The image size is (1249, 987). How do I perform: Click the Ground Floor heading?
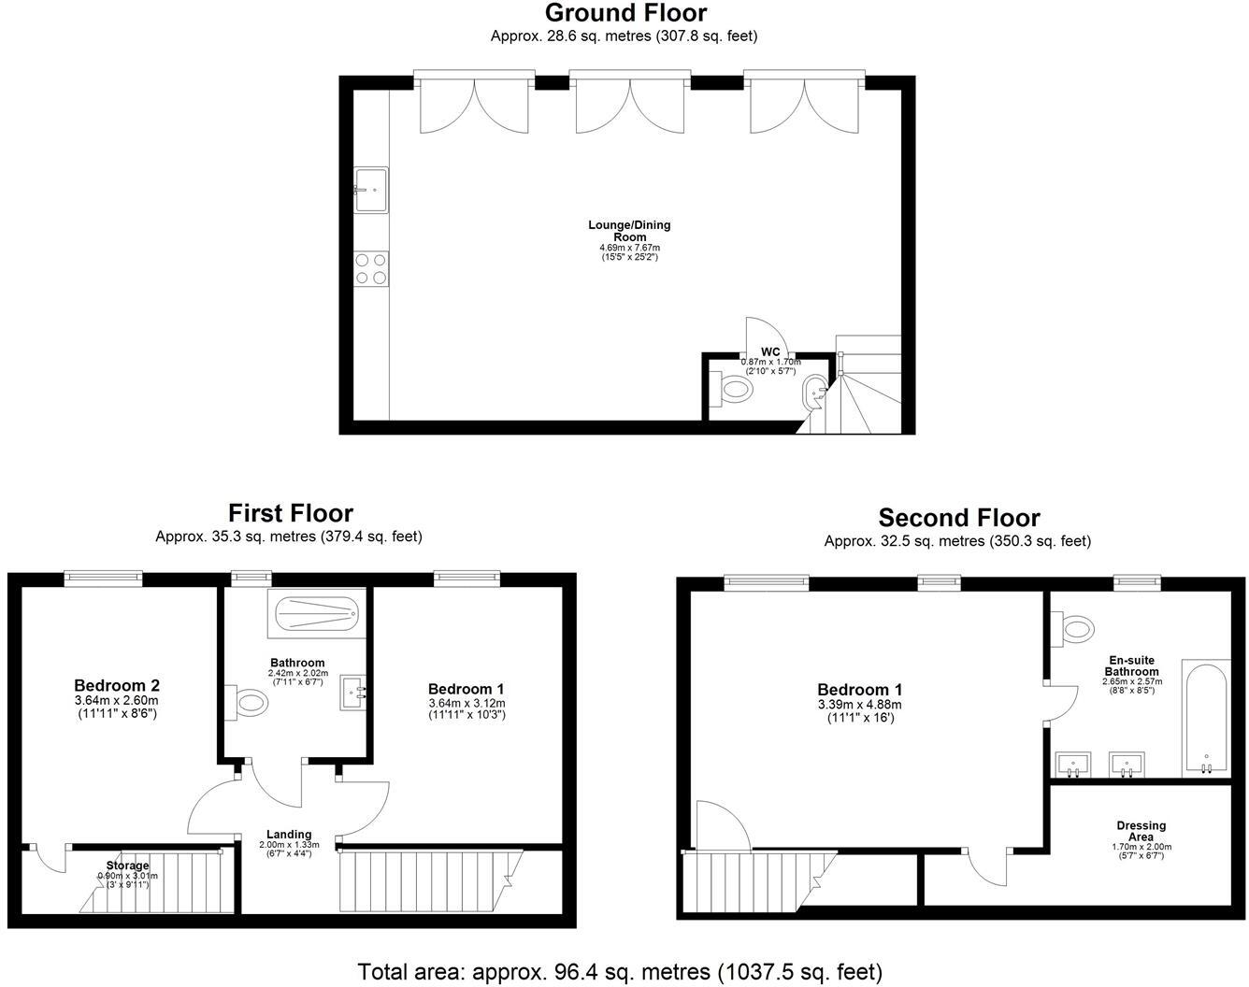[x=624, y=13]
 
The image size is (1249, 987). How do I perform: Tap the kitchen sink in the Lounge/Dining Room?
[x=371, y=191]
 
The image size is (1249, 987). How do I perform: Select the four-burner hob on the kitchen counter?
[x=371, y=268]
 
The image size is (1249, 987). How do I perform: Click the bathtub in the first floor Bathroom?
[x=312, y=613]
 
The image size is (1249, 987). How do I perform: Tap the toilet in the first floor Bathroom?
[x=247, y=703]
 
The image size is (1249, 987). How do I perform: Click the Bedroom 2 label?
[x=117, y=685]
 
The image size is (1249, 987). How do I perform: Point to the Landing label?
[x=288, y=835]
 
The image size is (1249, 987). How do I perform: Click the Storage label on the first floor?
[x=127, y=865]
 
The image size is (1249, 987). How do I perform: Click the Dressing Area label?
[x=1141, y=831]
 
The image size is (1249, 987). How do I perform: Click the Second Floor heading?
[x=958, y=518]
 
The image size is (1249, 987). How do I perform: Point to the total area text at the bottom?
[x=620, y=971]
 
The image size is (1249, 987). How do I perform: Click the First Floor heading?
[x=291, y=513]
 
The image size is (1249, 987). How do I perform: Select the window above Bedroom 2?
[x=103, y=579]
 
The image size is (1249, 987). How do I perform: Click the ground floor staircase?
[x=858, y=393]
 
